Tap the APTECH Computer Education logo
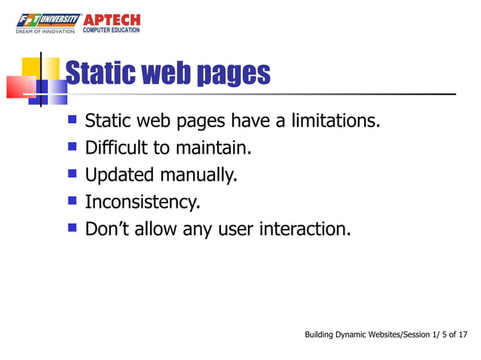[x=112, y=23]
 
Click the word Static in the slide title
[x=94, y=74]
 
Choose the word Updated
[x=117, y=175]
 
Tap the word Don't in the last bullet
[x=109, y=228]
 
